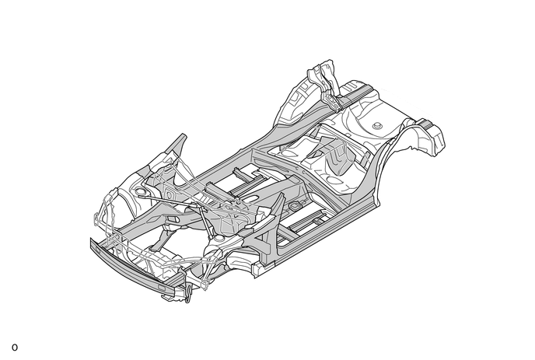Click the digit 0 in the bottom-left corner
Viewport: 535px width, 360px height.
[15, 348]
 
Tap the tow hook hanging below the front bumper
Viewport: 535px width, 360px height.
[188, 295]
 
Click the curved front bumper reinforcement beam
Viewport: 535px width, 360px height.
[136, 268]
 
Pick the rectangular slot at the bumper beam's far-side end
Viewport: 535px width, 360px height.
[97, 248]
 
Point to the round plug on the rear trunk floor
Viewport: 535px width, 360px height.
[377, 125]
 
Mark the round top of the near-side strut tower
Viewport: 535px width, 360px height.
[218, 239]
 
